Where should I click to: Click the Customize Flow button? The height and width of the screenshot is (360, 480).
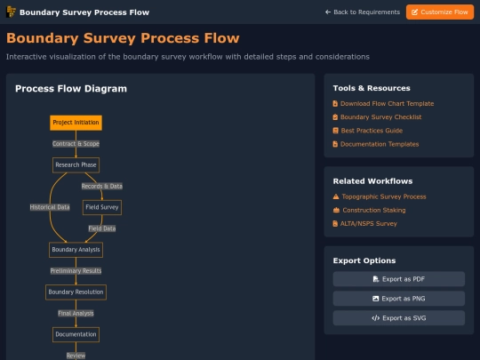(440, 12)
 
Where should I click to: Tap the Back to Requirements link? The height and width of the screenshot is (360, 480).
(363, 12)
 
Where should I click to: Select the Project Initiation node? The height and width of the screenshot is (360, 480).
(76, 123)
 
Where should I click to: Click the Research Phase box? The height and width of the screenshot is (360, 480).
(76, 165)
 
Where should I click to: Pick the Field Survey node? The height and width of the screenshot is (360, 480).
(102, 207)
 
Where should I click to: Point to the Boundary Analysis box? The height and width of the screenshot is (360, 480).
(76, 250)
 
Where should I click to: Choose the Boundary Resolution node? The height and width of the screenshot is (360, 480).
(76, 292)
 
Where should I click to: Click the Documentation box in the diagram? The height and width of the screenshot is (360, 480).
(76, 334)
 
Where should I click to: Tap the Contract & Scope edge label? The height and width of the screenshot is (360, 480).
(76, 144)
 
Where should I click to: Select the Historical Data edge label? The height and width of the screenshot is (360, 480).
(50, 207)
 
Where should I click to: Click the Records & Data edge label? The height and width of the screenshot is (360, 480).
(102, 186)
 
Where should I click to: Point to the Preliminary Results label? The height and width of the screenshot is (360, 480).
(76, 271)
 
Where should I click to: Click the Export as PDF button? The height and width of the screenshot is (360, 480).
(399, 279)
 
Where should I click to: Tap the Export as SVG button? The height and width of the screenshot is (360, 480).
(399, 318)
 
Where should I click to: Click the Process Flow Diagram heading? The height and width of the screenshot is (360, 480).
(71, 89)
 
